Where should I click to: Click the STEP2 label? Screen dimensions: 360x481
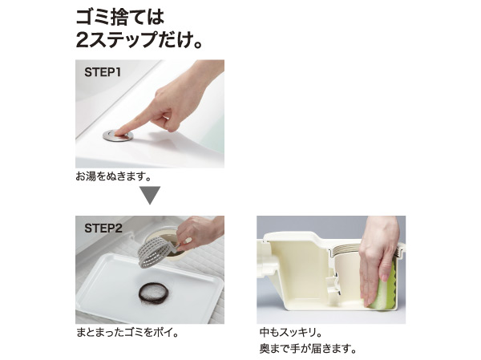[103, 228]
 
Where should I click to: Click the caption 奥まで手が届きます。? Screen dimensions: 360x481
[308, 349]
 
